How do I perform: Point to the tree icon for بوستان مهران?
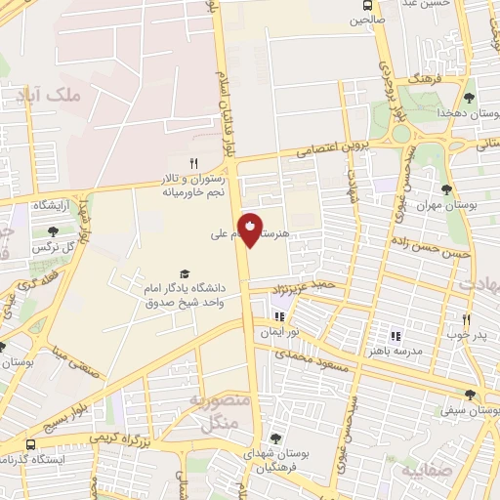coord(446,189)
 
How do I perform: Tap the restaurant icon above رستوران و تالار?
coord(193,162)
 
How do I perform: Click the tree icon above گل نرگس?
coord(52,230)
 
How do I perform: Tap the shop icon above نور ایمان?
coord(278,316)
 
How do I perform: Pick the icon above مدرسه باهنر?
coord(396,335)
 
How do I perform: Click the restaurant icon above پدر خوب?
coord(466,319)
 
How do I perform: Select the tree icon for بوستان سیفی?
coord(470,395)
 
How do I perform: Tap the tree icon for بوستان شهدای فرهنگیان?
coord(275,438)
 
